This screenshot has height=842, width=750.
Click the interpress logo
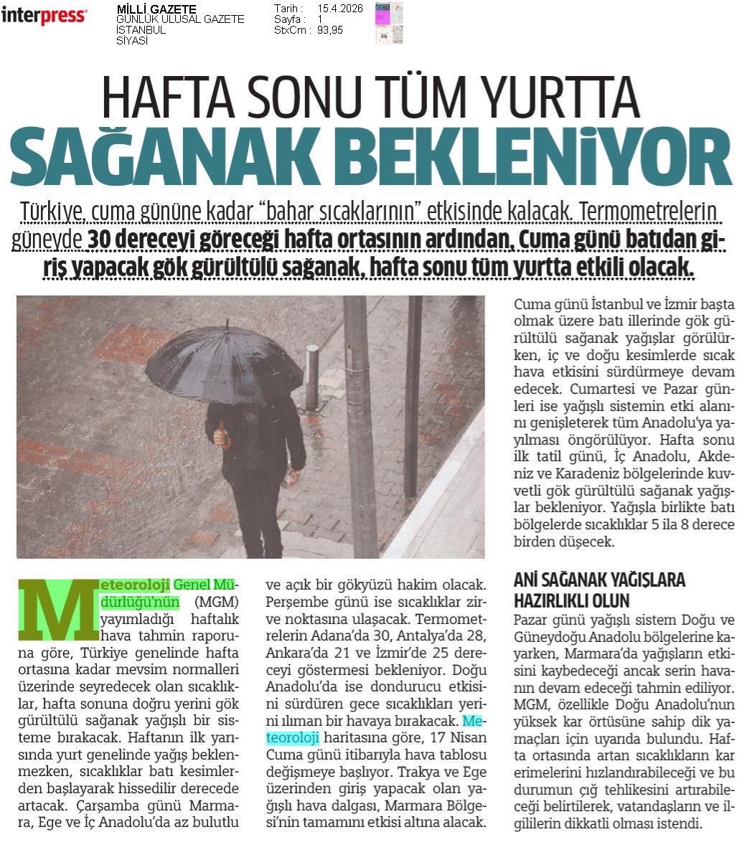tap(44, 16)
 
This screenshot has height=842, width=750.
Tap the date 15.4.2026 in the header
tap(340, 9)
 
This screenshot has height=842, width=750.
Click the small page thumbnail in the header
tap(388, 22)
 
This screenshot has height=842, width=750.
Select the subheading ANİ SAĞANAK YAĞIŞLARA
tap(600, 580)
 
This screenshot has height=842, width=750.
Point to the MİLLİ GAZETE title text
tap(156, 9)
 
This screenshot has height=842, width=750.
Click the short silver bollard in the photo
tap(311, 377)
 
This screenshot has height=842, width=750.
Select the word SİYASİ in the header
tap(131, 41)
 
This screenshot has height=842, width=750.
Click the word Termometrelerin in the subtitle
tap(649, 213)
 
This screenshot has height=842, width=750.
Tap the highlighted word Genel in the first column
tap(192, 585)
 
